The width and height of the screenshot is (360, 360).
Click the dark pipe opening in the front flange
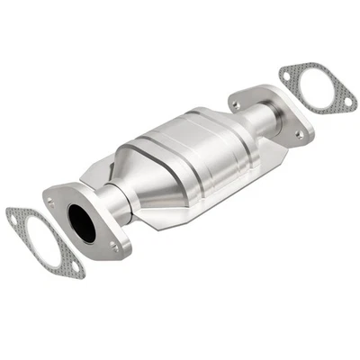[x=81, y=222]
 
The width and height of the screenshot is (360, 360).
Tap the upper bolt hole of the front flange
[x=51, y=203]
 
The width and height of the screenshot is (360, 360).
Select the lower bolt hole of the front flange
[x=113, y=244]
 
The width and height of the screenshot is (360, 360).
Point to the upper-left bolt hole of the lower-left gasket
[x=13, y=217]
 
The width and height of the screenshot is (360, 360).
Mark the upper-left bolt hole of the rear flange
[x=236, y=104]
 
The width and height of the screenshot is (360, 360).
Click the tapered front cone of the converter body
[x=153, y=180]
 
